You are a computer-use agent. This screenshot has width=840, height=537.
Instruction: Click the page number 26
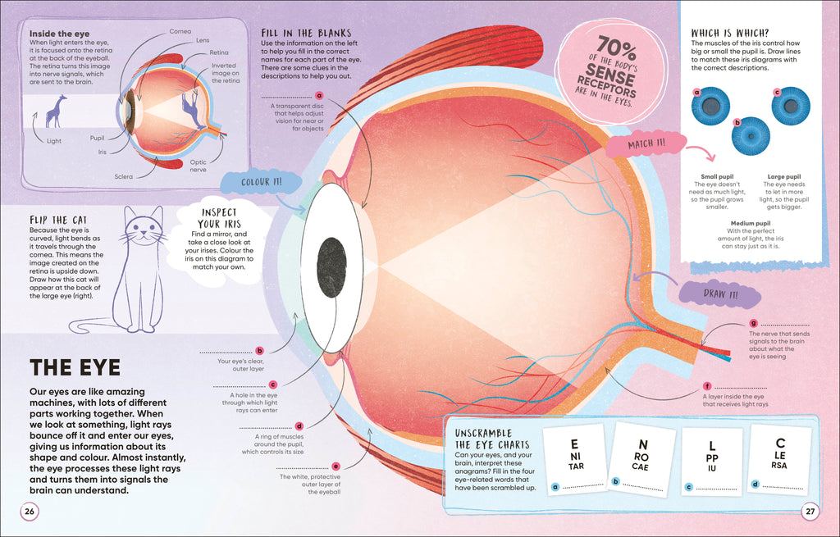(x=30, y=512)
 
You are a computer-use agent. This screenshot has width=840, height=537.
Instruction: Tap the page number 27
(x=810, y=512)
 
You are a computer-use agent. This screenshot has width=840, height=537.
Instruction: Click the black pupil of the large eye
(x=331, y=267)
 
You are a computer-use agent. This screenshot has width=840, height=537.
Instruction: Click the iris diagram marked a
(x=710, y=106)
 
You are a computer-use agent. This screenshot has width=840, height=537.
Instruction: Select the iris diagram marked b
(x=751, y=136)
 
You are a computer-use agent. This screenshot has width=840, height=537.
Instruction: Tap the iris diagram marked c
(x=790, y=106)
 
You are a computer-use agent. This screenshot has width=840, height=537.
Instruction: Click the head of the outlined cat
(x=144, y=227)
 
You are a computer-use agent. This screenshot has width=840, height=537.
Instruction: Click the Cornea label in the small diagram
(x=180, y=31)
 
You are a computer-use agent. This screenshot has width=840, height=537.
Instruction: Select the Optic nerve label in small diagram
(x=199, y=166)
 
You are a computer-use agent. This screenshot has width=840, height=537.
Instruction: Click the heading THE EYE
(x=75, y=367)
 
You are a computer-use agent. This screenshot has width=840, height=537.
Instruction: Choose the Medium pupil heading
(x=751, y=223)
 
